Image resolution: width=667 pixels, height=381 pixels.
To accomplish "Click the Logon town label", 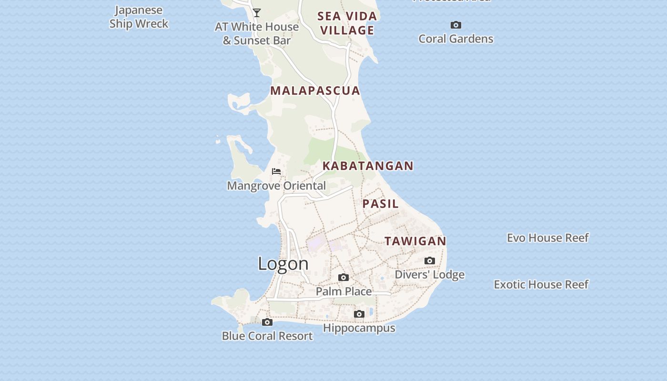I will [283, 264].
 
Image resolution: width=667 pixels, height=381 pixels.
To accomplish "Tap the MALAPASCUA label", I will [315, 90].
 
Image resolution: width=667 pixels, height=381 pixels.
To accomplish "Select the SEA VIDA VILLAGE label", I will [347, 23].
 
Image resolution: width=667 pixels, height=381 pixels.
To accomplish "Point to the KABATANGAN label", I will [368, 166].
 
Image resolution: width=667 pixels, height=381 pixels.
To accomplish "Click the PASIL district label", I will [380, 204].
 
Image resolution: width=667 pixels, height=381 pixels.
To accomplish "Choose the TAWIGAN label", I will [415, 241].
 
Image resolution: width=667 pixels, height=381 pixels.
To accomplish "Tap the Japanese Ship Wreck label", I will [139, 17].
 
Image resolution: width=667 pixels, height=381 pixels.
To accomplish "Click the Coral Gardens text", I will [455, 39].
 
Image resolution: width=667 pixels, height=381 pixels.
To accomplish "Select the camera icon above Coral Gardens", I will [456, 25].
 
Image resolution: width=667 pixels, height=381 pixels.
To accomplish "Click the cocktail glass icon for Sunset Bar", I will [257, 13].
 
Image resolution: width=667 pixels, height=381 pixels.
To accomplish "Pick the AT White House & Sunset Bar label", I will [257, 33].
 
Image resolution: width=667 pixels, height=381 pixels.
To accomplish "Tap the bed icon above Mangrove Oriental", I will [276, 171].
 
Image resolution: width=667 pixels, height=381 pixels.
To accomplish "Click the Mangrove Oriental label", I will [276, 186].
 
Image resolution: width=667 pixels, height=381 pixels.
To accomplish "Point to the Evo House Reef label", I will [547, 238].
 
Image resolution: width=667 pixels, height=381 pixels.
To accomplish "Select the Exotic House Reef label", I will [541, 284].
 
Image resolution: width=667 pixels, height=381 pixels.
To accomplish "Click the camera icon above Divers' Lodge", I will [430, 261].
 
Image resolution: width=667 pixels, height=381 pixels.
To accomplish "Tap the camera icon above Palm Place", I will [344, 277].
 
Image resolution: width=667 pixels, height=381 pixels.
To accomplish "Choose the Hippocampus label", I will [359, 328].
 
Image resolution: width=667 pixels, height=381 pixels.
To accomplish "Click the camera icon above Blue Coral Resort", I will [267, 322].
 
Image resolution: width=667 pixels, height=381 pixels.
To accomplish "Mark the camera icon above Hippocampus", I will [359, 314].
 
